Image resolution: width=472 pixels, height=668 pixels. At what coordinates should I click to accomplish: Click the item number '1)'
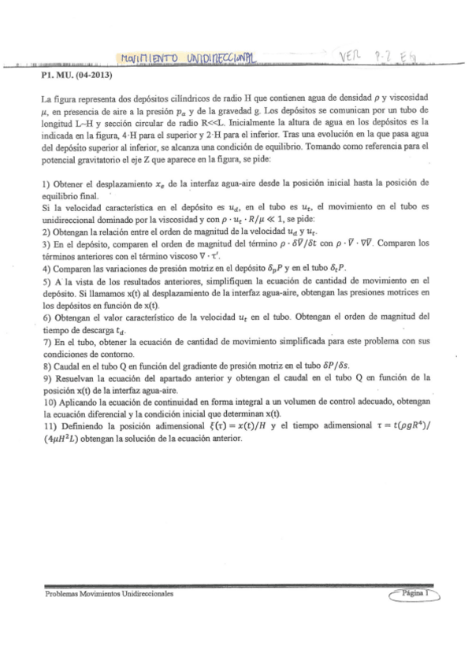pos(46,183)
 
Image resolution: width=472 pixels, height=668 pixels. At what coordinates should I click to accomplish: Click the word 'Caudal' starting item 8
pos(66,367)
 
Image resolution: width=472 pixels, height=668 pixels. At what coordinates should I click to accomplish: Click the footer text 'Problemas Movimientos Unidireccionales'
pos(110,595)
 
